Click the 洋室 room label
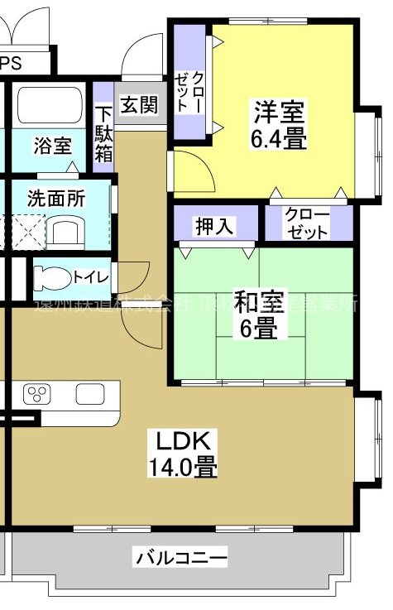[x=280, y=111]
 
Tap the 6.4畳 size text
[x=280, y=137]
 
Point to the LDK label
[x=171, y=439]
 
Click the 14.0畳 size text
[x=183, y=468]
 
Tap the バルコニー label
[x=181, y=559]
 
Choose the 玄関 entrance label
[x=138, y=105]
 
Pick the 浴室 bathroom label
[x=52, y=146]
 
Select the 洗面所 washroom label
[x=55, y=199]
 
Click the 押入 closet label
[x=214, y=225]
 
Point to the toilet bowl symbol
[x=52, y=276]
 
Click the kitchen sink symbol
[x=89, y=394]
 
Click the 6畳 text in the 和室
[x=260, y=328]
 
